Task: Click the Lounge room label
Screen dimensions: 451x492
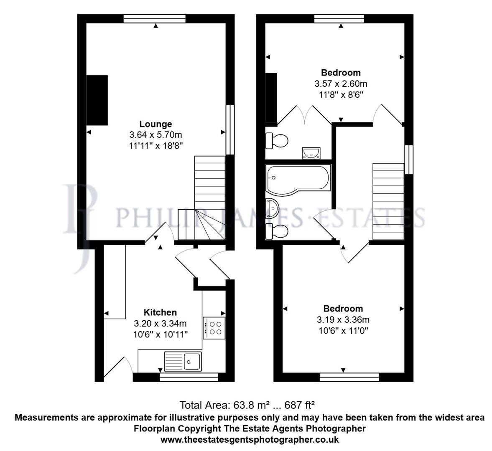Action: pos(156,124)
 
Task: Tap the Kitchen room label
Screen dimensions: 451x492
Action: pos(160,312)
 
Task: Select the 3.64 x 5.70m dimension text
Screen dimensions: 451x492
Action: pos(156,135)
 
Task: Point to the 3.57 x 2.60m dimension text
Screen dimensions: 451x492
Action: pos(341,84)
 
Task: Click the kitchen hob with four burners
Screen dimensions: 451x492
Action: pos(214,328)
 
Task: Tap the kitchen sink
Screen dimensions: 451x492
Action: pos(183,361)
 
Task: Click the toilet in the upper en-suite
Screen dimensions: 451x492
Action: pos(277,140)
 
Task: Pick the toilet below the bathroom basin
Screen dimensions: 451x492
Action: pos(277,231)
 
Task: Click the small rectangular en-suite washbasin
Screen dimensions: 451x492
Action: pos(311,153)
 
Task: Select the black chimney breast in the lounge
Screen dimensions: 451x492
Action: pos(97,100)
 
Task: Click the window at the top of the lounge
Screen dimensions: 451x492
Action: pos(154,18)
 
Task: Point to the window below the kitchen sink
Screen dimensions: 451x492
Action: pos(189,378)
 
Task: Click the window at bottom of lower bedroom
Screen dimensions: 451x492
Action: pos(349,378)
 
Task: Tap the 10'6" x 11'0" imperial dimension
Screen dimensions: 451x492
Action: pos(343,331)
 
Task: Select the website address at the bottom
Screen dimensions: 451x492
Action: pos(250,440)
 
